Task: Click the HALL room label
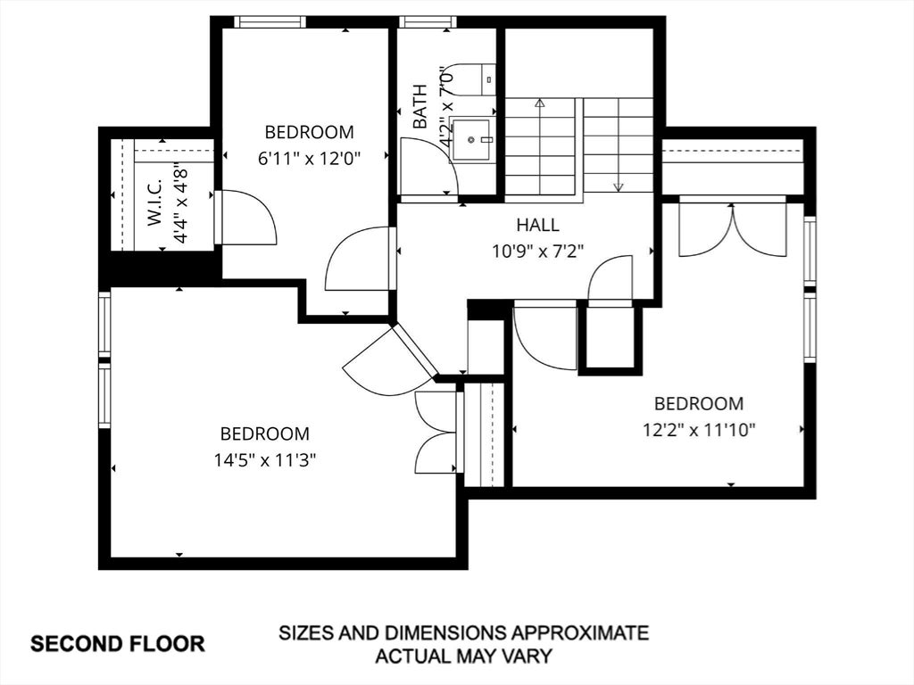pos(537,225)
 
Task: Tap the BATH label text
pos(420,107)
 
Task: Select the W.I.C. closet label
pos(155,202)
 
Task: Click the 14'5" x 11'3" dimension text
pos(264,461)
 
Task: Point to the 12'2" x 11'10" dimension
pos(699,431)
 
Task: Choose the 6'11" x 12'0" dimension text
pos(310,159)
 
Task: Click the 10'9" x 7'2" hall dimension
pos(537,252)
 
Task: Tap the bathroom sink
pos(472,140)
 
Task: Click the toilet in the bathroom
pos(473,79)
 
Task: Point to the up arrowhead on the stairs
pos(540,103)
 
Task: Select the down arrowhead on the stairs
pos(619,187)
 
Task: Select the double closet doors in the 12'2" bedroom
pos(733,229)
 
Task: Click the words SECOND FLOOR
pos(118,644)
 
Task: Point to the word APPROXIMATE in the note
pos(579,632)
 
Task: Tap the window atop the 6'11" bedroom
pos(270,21)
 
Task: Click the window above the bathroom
pos(428,21)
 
